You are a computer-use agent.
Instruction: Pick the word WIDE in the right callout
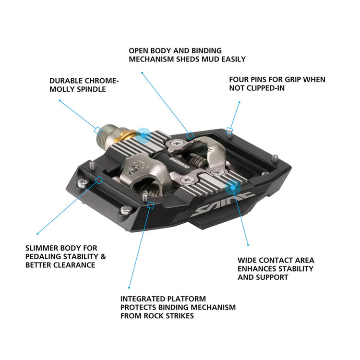tap(248, 260)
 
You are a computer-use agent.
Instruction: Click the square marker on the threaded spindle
tap(97, 130)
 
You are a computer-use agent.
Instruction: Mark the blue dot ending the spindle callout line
tap(59, 100)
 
